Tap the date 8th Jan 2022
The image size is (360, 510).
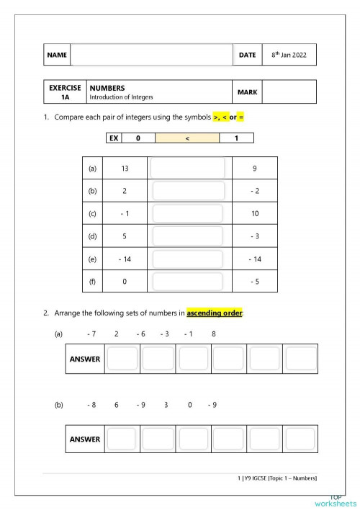tap(289, 55)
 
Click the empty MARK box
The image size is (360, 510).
tap(289, 92)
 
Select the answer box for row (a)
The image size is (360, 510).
tap(187, 169)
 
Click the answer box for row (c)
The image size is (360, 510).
tap(187, 214)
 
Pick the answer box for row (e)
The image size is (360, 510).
tap(187, 259)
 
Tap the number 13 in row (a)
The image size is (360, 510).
tap(125, 169)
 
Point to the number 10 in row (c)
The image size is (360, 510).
tap(255, 214)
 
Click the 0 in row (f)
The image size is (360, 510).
tap(125, 282)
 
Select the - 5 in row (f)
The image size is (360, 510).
tap(255, 282)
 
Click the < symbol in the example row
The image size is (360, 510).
tap(186, 138)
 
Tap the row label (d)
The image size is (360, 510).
tap(91, 236)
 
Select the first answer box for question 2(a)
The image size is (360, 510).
tap(122, 358)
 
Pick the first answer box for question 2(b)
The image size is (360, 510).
tap(122, 438)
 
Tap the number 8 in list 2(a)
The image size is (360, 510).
tap(213, 334)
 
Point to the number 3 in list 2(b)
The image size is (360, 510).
tap(166, 405)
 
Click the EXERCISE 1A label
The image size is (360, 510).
tap(65, 91)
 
